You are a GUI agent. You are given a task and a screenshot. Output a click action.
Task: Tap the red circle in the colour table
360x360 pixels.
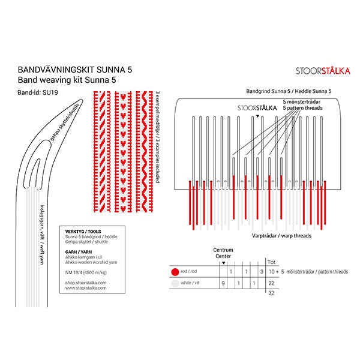click(175, 272)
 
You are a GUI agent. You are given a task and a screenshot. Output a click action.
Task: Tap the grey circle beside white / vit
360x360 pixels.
click(175, 283)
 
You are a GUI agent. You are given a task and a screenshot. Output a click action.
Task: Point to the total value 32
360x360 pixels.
click(271, 293)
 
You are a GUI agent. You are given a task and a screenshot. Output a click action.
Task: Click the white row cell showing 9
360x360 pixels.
click(223, 283)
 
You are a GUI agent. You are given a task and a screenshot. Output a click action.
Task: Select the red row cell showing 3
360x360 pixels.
click(261, 272)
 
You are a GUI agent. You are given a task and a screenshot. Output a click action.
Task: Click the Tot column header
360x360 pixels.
click(271, 261)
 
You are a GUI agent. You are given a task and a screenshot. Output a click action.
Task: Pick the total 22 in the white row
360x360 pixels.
click(271, 283)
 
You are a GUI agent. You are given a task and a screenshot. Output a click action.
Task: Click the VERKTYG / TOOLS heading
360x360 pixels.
click(82, 232)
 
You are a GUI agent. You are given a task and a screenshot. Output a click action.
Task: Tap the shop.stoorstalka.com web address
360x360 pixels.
click(85, 282)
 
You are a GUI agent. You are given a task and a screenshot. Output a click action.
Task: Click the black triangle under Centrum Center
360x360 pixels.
click(223, 263)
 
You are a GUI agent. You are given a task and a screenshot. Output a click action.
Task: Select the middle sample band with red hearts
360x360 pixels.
click(123, 151)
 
